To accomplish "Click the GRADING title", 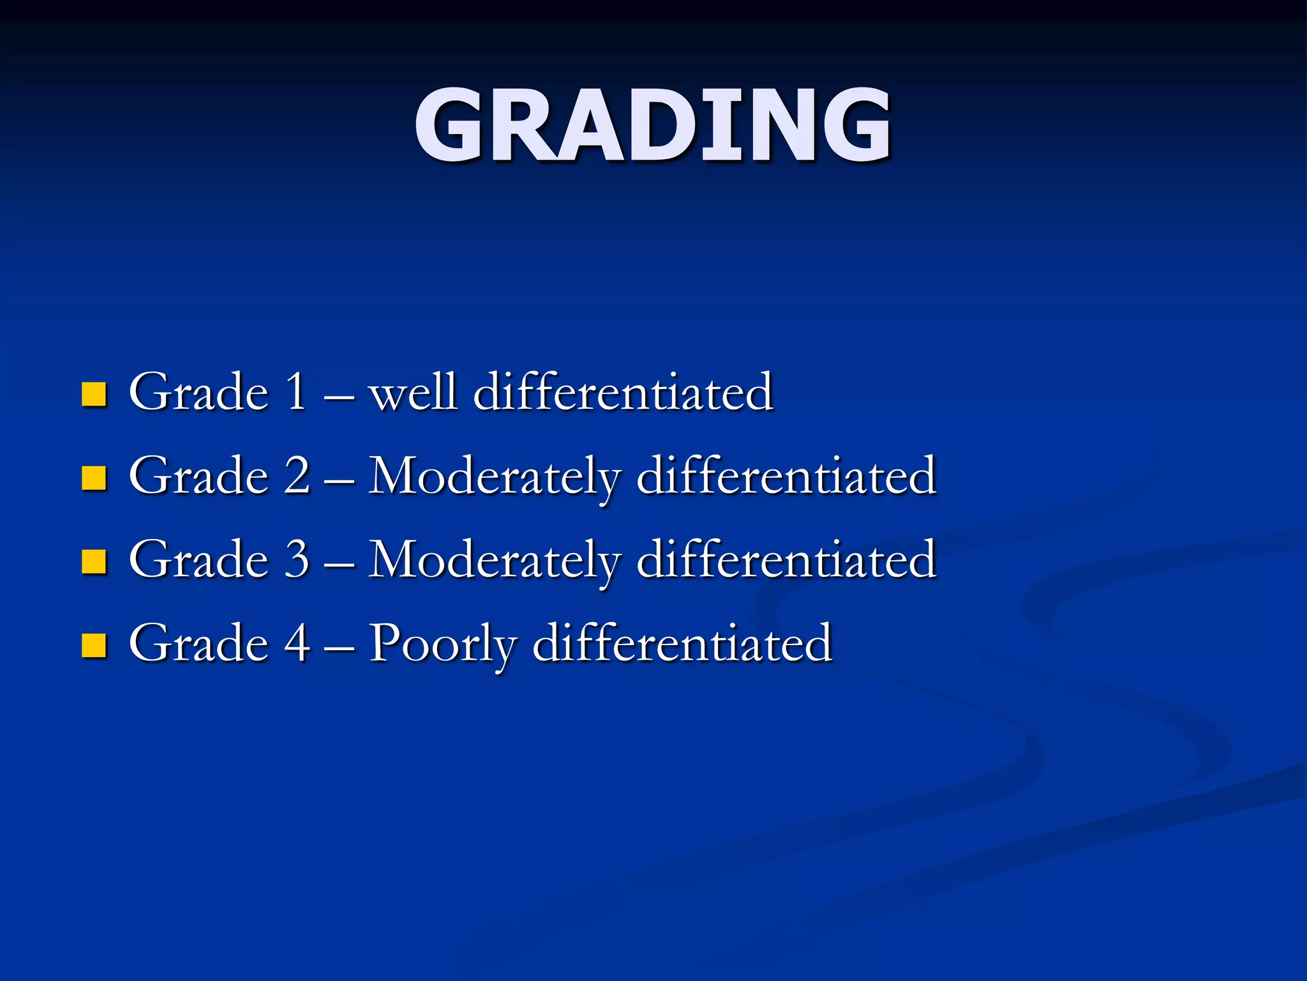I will pos(652,126).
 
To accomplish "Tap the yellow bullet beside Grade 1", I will pos(94,395).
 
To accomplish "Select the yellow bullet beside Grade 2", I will pos(94,478).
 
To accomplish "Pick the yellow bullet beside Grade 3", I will pos(94,561).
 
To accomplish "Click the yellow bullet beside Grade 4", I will pos(94,645).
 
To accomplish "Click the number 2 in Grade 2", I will pos(297,475).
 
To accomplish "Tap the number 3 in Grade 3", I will pos(297,559).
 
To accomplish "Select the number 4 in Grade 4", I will pos(297,643).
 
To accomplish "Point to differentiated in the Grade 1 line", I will pos(624,392).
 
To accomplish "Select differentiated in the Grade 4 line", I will pos(682,643).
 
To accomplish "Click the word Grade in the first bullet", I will pos(198,392).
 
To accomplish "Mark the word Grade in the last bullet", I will pos(198,643).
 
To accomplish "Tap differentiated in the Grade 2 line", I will pos(786,475).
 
